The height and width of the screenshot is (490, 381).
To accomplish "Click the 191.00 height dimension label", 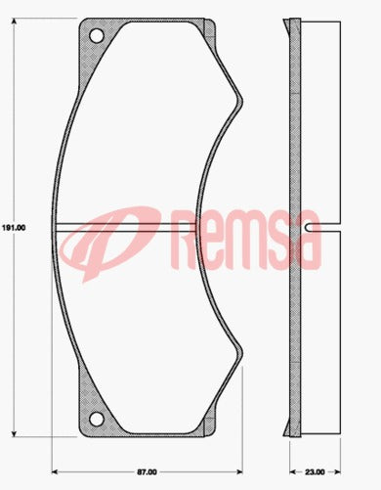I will tap(13, 227).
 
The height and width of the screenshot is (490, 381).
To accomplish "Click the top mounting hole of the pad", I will tap(96, 36).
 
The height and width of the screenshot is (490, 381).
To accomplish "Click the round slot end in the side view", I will tap(308, 227).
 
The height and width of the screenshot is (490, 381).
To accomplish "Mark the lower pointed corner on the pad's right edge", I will tap(240, 354).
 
